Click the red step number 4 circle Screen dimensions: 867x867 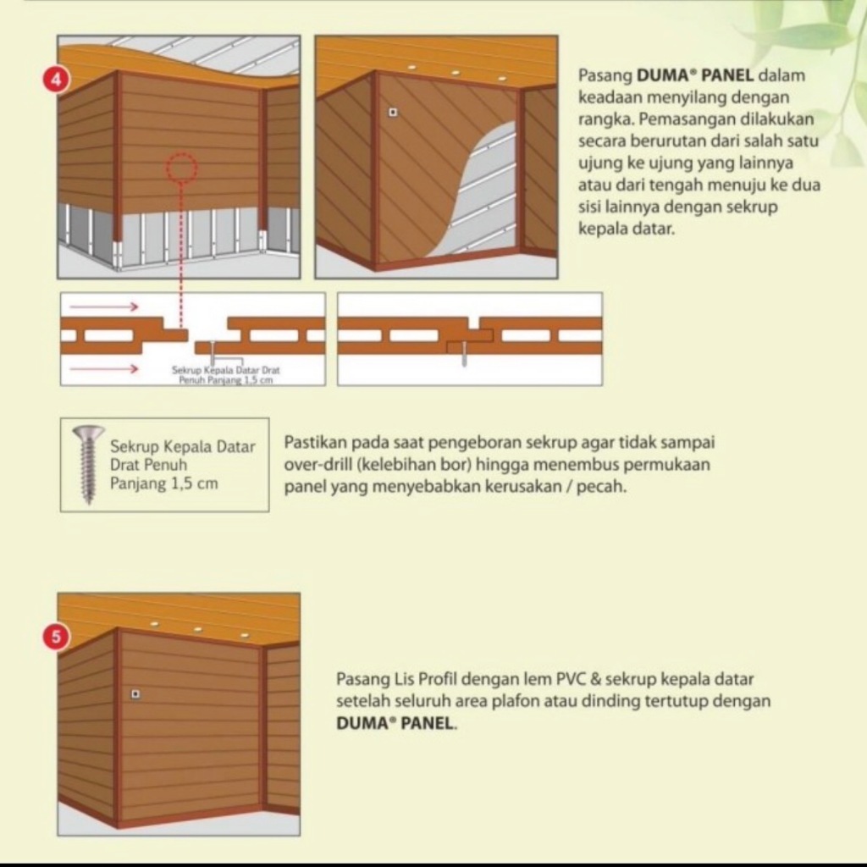(x=56, y=80)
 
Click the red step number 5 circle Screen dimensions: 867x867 (x=56, y=637)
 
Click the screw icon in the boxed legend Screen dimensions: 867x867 (x=88, y=465)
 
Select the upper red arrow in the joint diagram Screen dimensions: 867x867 (x=104, y=306)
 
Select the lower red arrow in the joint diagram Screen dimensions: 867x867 (x=104, y=368)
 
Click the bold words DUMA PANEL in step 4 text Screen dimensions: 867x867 (x=695, y=75)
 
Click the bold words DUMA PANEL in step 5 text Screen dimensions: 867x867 (x=395, y=723)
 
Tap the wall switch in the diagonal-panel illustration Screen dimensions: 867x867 (x=393, y=113)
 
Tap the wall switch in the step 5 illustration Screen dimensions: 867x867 (x=135, y=694)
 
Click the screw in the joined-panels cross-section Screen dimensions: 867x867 (x=464, y=353)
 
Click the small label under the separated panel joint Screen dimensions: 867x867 (x=225, y=375)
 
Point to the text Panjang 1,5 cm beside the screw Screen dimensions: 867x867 (x=163, y=483)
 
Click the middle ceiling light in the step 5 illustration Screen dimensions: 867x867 (x=197, y=629)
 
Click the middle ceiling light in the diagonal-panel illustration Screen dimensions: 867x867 (x=455, y=73)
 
